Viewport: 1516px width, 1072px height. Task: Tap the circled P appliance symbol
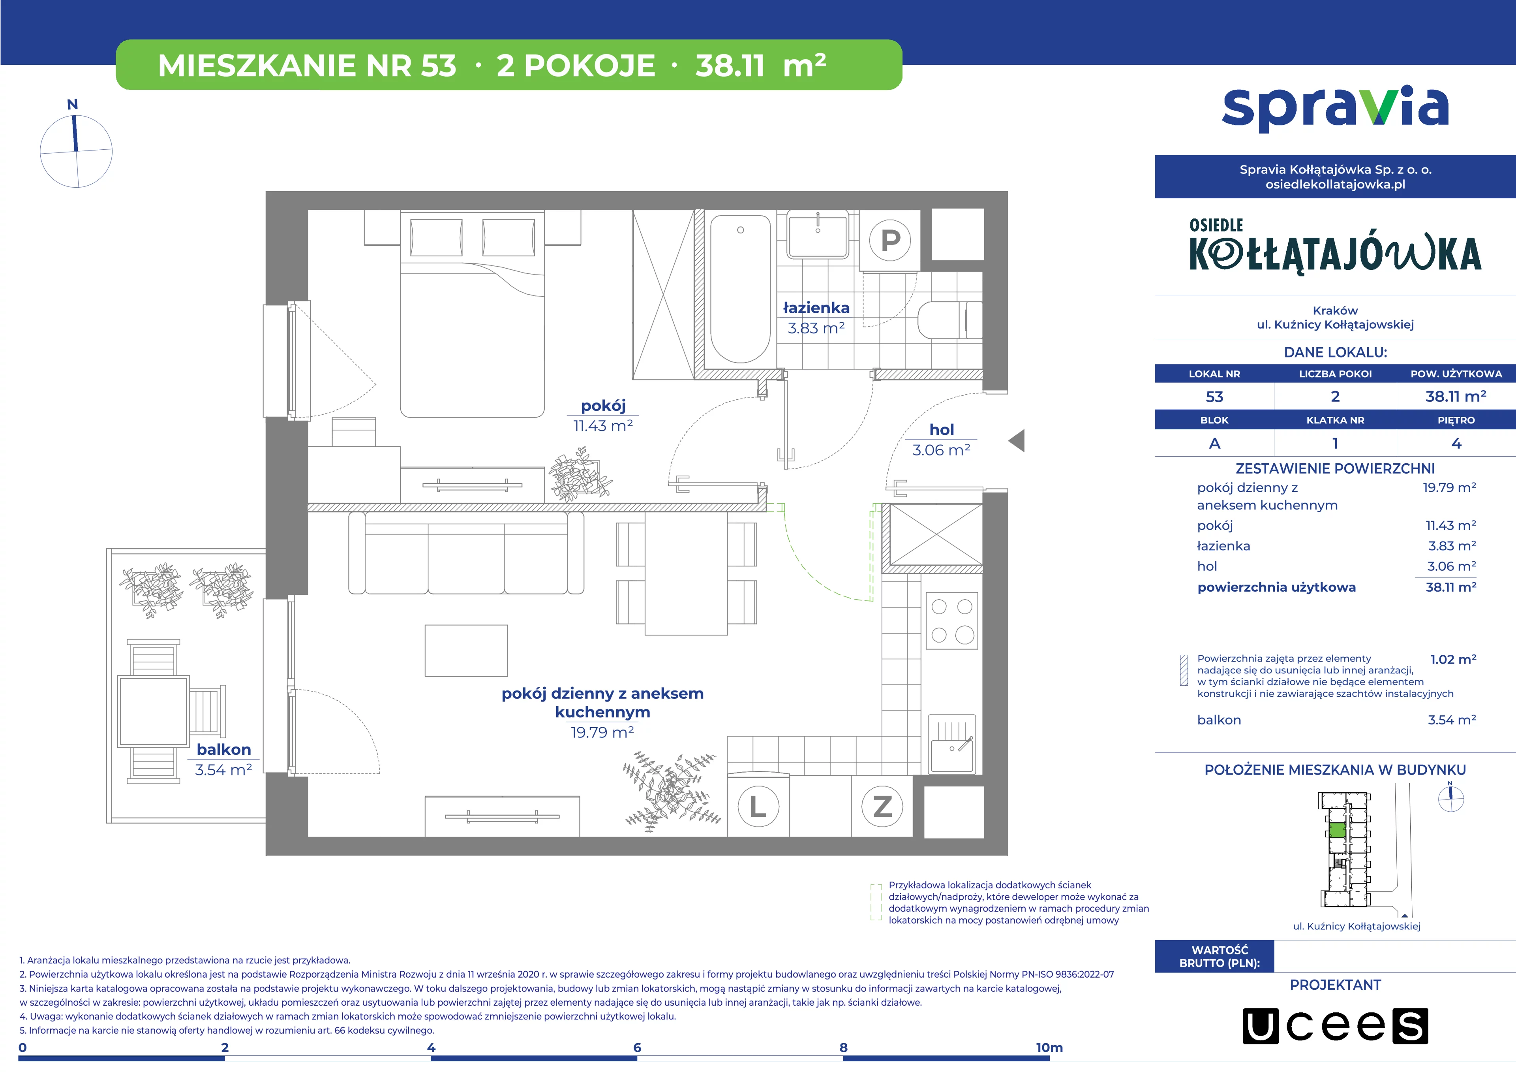(x=890, y=241)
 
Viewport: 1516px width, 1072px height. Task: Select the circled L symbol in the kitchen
(x=758, y=807)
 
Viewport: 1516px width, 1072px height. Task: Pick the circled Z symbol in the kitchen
(x=883, y=807)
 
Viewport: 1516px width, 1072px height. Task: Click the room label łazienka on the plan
(x=816, y=308)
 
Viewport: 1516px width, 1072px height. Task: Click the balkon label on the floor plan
(x=224, y=750)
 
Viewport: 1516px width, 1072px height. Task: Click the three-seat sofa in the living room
(x=466, y=553)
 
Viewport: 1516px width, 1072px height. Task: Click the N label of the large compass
(x=73, y=104)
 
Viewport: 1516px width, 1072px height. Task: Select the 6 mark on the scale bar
(x=637, y=1048)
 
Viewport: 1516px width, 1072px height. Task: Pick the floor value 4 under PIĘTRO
(x=1456, y=444)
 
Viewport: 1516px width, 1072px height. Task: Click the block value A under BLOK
(x=1214, y=444)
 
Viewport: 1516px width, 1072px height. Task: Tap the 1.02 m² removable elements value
(x=1453, y=659)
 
